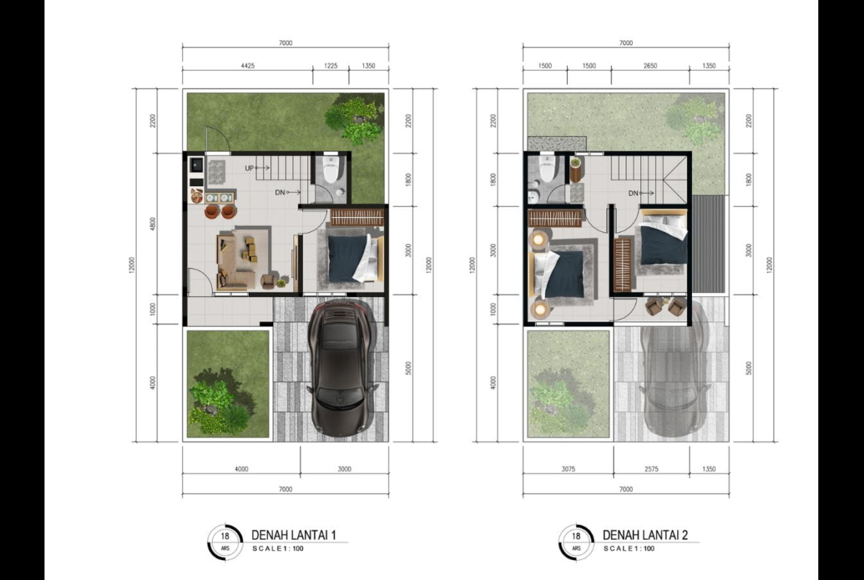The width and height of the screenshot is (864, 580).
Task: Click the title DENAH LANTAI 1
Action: (x=294, y=535)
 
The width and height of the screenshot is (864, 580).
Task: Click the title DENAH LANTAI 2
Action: (x=645, y=535)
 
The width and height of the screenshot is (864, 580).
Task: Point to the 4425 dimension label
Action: (x=248, y=66)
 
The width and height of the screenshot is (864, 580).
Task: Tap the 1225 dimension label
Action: (x=331, y=66)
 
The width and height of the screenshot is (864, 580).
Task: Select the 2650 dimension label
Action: (x=650, y=66)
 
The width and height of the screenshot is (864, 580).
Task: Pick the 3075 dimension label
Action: (x=568, y=469)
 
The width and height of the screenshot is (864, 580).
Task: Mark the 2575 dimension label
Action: (x=651, y=469)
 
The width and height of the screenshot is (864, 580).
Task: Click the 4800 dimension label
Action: (x=153, y=225)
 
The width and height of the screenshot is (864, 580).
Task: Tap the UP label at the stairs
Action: (x=249, y=168)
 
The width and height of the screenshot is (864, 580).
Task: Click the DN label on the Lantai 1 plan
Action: (x=280, y=192)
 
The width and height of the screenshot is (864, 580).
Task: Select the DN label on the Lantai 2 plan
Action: (x=633, y=193)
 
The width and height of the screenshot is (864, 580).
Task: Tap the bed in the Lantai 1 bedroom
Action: (x=354, y=258)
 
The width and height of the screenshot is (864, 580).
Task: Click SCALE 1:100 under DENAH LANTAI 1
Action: (x=278, y=548)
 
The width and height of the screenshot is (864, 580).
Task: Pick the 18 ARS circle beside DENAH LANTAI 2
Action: (x=576, y=542)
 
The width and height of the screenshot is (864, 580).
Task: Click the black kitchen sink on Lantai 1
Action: (x=196, y=164)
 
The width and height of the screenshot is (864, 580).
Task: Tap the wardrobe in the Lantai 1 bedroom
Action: (x=357, y=217)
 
